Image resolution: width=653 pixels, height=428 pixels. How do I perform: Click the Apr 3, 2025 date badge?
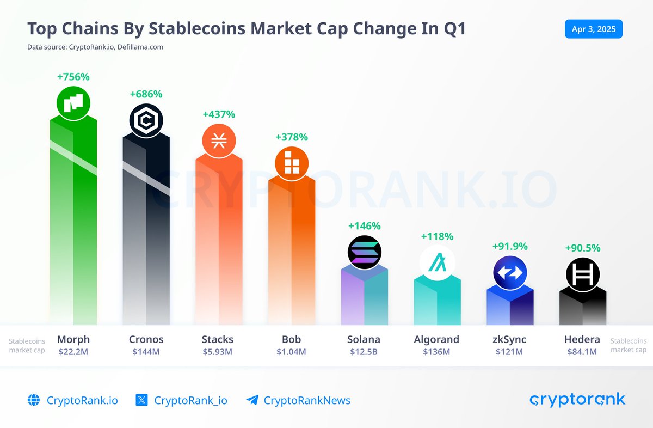(593, 29)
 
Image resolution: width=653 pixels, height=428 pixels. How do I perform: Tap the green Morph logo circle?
(73, 103)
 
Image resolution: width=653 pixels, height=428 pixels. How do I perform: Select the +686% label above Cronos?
(146, 94)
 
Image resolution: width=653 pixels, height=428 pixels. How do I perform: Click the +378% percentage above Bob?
(292, 137)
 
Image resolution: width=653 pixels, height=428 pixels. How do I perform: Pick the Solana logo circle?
(365, 253)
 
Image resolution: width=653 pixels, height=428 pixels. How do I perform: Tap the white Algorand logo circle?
(437, 264)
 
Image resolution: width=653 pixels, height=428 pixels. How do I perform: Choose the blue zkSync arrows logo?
(510, 273)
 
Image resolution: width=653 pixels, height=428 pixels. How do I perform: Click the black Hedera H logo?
(583, 274)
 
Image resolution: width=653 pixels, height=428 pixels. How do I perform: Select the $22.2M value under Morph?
(73, 352)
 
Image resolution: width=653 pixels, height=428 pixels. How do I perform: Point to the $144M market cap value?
(146, 352)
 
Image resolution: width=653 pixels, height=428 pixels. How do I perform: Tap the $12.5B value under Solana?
(364, 352)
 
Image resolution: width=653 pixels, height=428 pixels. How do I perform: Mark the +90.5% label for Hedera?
(583, 248)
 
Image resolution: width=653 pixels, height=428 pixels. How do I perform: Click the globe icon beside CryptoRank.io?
(34, 400)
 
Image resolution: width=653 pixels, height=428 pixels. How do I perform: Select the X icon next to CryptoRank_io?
(141, 400)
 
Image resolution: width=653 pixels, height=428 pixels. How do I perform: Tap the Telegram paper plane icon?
(252, 400)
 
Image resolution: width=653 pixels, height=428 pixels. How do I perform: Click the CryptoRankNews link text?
(307, 401)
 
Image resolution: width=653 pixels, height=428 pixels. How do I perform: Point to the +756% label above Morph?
(73, 77)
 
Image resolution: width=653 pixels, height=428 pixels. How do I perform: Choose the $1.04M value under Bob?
(292, 352)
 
